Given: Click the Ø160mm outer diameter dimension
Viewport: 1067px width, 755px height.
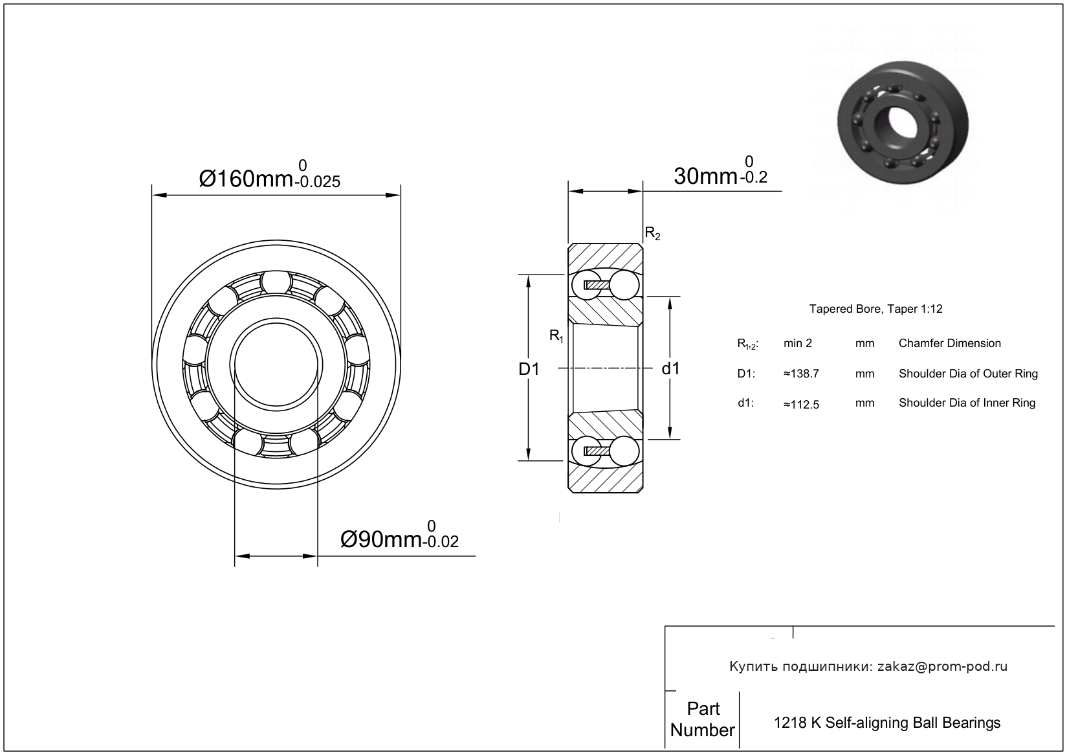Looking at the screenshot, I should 246,177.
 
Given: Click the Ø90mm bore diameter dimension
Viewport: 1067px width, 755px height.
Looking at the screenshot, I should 380,539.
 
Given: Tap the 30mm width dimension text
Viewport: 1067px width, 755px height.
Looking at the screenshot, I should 705,175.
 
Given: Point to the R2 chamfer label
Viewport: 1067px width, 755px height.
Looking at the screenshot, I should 652,234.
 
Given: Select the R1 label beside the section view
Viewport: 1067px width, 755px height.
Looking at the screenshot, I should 556,335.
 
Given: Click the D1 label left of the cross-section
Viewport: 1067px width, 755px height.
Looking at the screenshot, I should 529,369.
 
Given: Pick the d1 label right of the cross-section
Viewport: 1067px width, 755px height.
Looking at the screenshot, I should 670,369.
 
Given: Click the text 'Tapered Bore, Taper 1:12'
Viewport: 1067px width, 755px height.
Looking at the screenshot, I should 875,309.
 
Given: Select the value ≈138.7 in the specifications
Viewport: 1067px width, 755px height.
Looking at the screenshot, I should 801,374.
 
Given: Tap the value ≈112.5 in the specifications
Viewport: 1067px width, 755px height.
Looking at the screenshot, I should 801,405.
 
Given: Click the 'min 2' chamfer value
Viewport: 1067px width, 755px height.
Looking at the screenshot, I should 797,343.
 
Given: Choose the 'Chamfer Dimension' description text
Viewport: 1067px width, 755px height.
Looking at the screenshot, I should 949,343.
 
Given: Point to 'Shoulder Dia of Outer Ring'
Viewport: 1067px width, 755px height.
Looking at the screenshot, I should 968,374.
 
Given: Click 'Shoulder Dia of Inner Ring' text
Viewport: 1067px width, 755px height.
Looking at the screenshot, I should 967,403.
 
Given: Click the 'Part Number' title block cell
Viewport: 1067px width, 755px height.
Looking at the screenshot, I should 703,719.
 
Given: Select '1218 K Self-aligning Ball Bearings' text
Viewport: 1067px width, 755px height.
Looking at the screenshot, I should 887,723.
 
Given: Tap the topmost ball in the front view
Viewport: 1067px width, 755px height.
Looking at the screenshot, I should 276,282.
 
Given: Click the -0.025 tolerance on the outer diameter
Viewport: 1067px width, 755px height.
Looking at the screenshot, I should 317,182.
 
